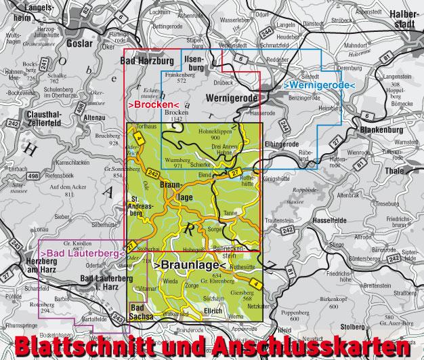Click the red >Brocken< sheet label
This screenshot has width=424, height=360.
(150, 106)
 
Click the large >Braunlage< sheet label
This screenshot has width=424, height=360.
(191, 267)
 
